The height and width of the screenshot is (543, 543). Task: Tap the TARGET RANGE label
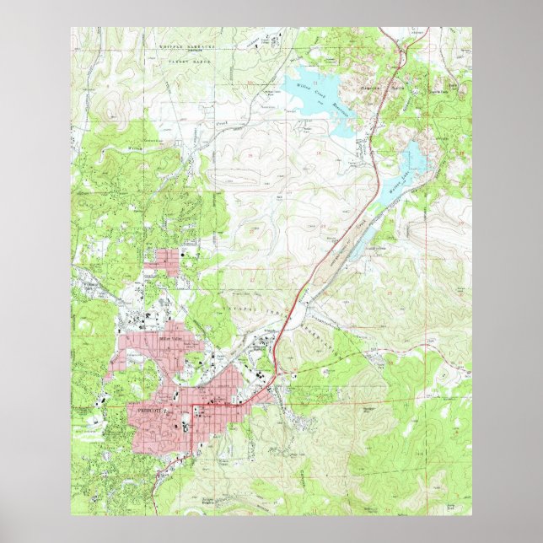[x=187, y=62]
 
